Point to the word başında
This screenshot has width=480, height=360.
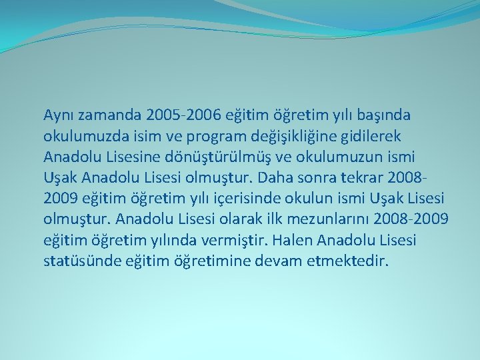click(x=383, y=115)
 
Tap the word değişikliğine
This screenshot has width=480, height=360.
click(x=300, y=137)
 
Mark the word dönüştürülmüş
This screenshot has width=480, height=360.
click(x=212, y=157)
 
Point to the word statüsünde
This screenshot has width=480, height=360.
click(x=79, y=261)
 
